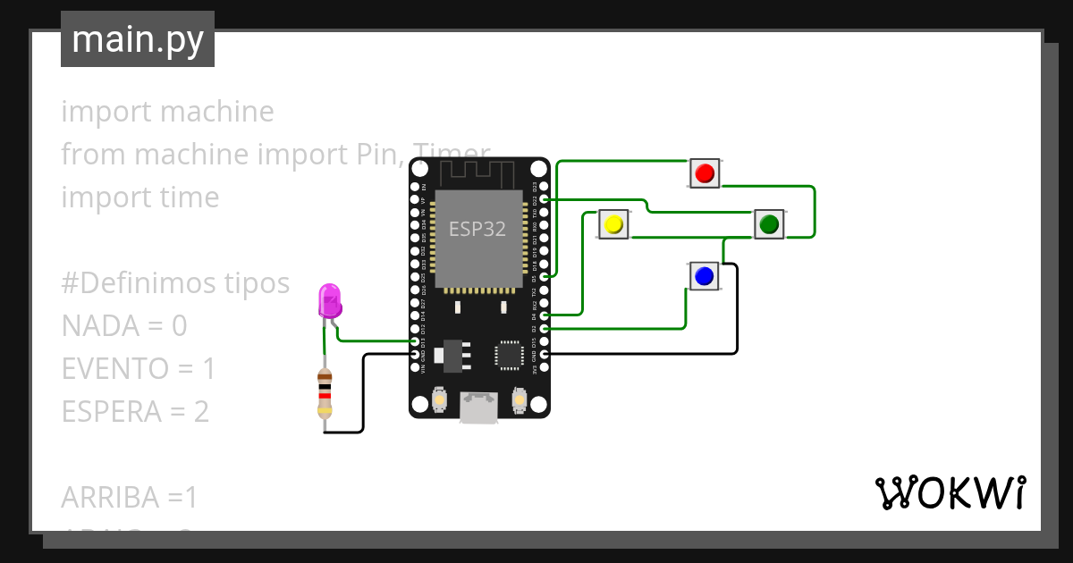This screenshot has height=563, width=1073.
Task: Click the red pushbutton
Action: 705,172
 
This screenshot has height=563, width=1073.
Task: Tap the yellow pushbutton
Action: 613,224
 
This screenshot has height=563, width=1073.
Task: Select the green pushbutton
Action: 768,224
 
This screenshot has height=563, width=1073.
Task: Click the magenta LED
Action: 329,302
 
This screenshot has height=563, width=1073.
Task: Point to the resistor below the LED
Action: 325,393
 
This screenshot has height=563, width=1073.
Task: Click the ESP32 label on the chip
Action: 477,229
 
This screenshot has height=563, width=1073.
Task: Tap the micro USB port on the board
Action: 479,408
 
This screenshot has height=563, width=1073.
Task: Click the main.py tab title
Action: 137,39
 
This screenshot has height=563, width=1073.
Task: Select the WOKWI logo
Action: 949,492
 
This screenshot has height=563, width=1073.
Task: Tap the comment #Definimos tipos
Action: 175,283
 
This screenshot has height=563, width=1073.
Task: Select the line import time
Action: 139,197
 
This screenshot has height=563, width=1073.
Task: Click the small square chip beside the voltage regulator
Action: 510,355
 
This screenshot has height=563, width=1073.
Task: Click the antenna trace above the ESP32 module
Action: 477,172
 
